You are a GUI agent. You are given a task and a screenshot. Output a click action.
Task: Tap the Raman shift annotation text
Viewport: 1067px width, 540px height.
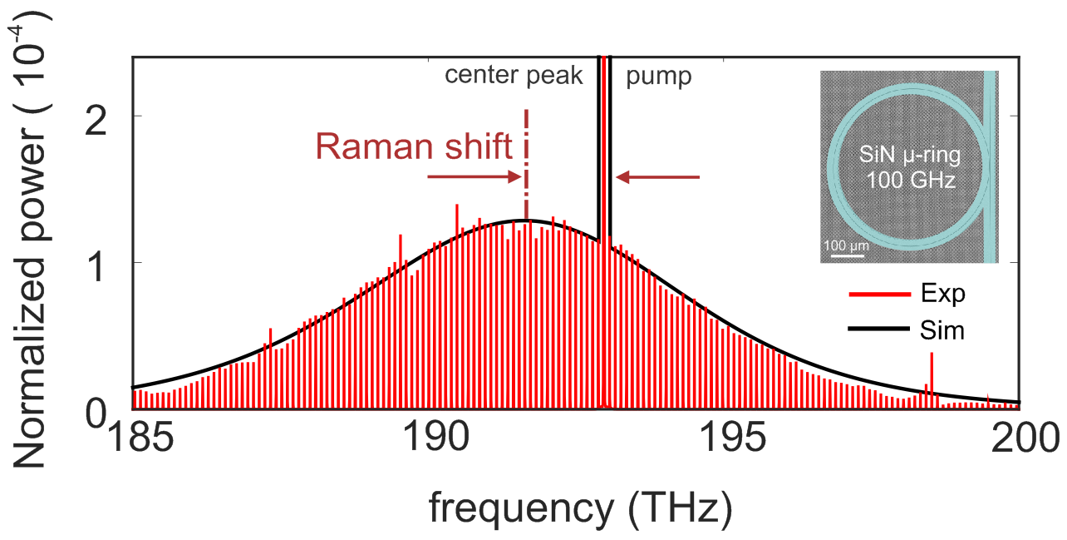[413, 147]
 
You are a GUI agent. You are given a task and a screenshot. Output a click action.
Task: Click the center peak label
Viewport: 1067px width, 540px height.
[514, 77]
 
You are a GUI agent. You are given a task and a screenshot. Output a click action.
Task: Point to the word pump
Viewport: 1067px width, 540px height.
[658, 77]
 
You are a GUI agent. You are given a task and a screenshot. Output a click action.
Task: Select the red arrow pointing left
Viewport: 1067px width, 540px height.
[659, 176]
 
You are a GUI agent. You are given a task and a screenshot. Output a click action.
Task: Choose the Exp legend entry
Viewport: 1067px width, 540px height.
[906, 294]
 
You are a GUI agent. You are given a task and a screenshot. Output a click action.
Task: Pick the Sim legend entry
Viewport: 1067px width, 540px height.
[906, 330]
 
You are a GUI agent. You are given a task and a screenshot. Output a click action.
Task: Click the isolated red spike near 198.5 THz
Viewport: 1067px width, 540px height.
[932, 374]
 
